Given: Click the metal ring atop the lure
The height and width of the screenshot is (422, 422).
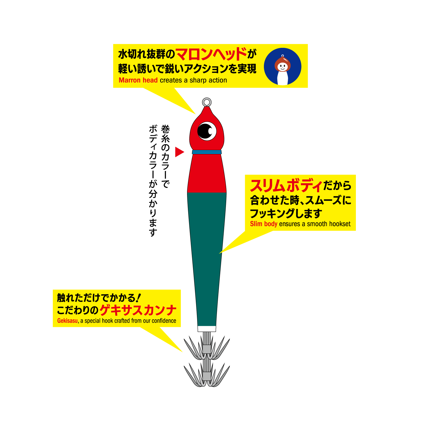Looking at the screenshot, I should pyautogui.click(x=207, y=102).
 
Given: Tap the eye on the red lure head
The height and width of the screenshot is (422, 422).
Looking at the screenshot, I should pyautogui.click(x=207, y=131).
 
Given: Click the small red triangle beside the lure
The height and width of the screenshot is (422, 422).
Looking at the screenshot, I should pyautogui.click(x=179, y=152).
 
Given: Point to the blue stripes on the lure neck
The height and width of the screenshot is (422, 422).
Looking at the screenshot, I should pyautogui.click(x=207, y=152).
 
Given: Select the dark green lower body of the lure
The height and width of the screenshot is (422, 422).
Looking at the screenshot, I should pyautogui.click(x=207, y=253).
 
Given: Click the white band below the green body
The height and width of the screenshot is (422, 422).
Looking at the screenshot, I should pyautogui.click(x=207, y=329).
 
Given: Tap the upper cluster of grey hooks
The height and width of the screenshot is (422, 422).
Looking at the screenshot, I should pyautogui.click(x=207, y=349).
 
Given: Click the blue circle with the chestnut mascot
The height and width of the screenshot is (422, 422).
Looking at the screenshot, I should pyautogui.click(x=282, y=67).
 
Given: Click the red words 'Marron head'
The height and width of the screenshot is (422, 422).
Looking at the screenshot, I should pyautogui.click(x=138, y=80).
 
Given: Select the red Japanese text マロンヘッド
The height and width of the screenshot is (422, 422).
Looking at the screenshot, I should pyautogui.click(x=211, y=54).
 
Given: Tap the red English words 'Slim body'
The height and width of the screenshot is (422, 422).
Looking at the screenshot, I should pyautogui.click(x=264, y=224).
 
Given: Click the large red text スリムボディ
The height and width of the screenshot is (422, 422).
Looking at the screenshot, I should pyautogui.click(x=286, y=186).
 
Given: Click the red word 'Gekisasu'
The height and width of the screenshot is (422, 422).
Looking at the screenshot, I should pyautogui.click(x=68, y=321).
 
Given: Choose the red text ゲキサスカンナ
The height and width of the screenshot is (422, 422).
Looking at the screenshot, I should pyautogui.click(x=138, y=310).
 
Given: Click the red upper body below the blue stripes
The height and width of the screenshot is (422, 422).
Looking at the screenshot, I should pyautogui.click(x=207, y=174).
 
